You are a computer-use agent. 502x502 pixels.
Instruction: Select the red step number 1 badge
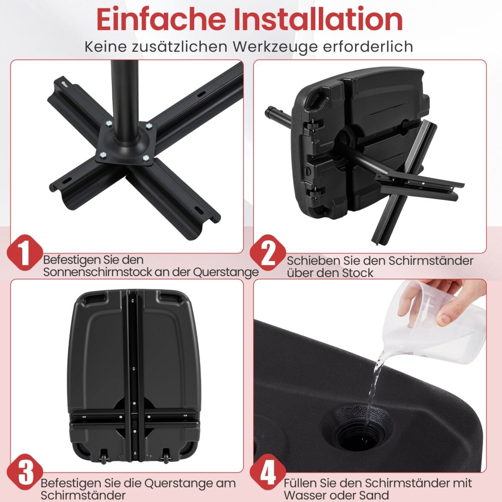point(25,252)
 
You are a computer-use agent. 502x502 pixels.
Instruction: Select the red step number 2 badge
point(268,252)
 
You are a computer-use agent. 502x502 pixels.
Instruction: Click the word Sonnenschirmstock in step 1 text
point(97,272)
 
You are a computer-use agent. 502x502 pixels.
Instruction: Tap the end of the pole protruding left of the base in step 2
point(268,113)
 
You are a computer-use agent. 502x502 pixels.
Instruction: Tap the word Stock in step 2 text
point(358,273)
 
